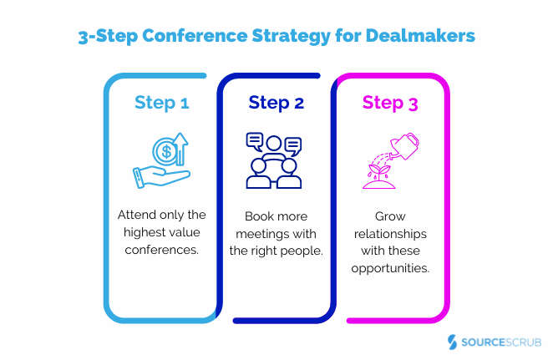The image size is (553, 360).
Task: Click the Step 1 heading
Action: [162, 104]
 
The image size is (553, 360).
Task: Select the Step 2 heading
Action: [276, 104]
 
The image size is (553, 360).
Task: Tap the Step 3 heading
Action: [391, 104]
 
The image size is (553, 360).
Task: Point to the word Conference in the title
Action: [212, 38]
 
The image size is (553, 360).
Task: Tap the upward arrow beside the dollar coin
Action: [183, 150]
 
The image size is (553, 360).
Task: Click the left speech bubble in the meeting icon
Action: [255, 140]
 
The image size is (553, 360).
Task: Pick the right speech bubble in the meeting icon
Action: [292, 145]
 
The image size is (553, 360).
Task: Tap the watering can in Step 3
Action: [407, 147]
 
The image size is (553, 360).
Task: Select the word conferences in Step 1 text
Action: [162, 249]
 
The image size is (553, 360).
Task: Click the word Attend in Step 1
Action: [134, 214]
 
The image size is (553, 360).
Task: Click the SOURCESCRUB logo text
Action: [500, 342]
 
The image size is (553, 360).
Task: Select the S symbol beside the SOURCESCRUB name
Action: [452, 342]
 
